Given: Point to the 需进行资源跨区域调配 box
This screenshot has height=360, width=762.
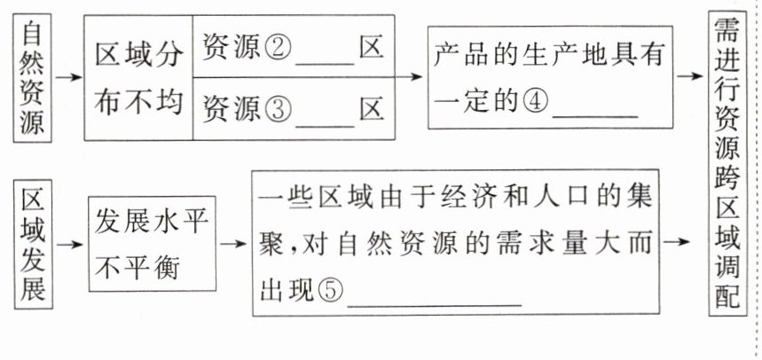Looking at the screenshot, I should click(x=735, y=168).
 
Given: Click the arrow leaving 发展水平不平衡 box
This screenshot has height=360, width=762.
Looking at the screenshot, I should click(x=232, y=241).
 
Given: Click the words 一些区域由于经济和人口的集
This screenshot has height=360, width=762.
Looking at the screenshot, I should click(x=460, y=196).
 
